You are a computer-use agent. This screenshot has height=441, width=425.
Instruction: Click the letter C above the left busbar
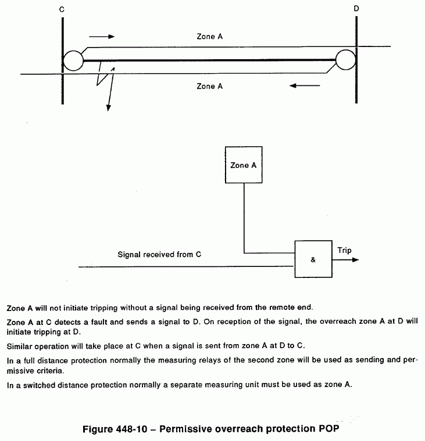click(62, 9)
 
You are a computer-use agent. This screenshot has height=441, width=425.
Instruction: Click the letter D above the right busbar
click(355, 9)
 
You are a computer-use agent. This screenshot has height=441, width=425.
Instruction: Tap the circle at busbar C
click(74, 60)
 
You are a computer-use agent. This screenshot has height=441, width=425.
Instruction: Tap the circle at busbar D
click(345, 59)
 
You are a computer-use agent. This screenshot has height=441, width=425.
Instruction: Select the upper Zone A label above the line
click(209, 37)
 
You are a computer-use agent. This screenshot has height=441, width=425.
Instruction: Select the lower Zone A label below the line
click(209, 86)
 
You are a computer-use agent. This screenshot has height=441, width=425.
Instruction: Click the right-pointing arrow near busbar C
click(102, 37)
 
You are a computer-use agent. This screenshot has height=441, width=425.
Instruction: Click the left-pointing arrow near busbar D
click(305, 86)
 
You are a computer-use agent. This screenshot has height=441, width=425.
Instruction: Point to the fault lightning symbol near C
click(105, 81)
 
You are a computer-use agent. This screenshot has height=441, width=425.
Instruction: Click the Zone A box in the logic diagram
click(244, 165)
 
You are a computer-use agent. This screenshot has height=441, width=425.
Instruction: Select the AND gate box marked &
click(313, 259)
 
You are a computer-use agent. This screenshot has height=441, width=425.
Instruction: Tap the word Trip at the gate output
click(344, 251)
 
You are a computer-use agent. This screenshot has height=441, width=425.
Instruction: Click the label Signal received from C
click(159, 254)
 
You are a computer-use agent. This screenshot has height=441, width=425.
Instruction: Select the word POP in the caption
click(326, 430)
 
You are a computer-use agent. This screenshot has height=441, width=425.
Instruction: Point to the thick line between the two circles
click(209, 60)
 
